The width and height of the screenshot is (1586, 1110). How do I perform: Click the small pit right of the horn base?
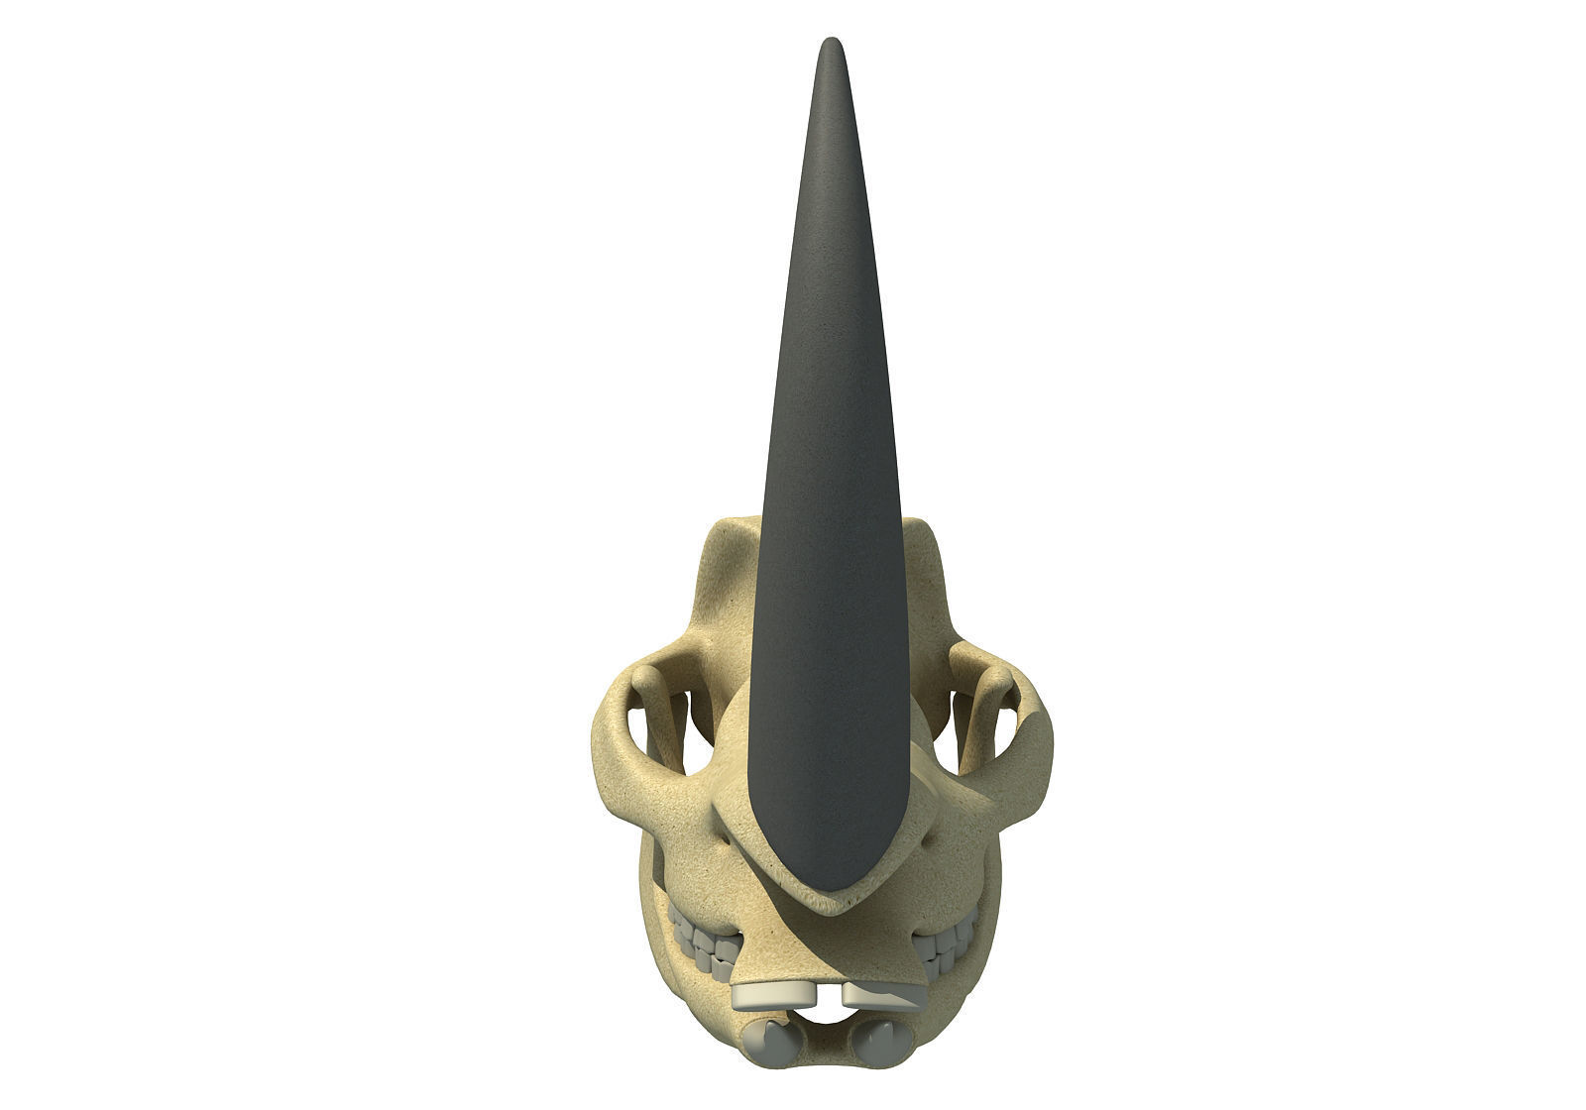click(x=927, y=839)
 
